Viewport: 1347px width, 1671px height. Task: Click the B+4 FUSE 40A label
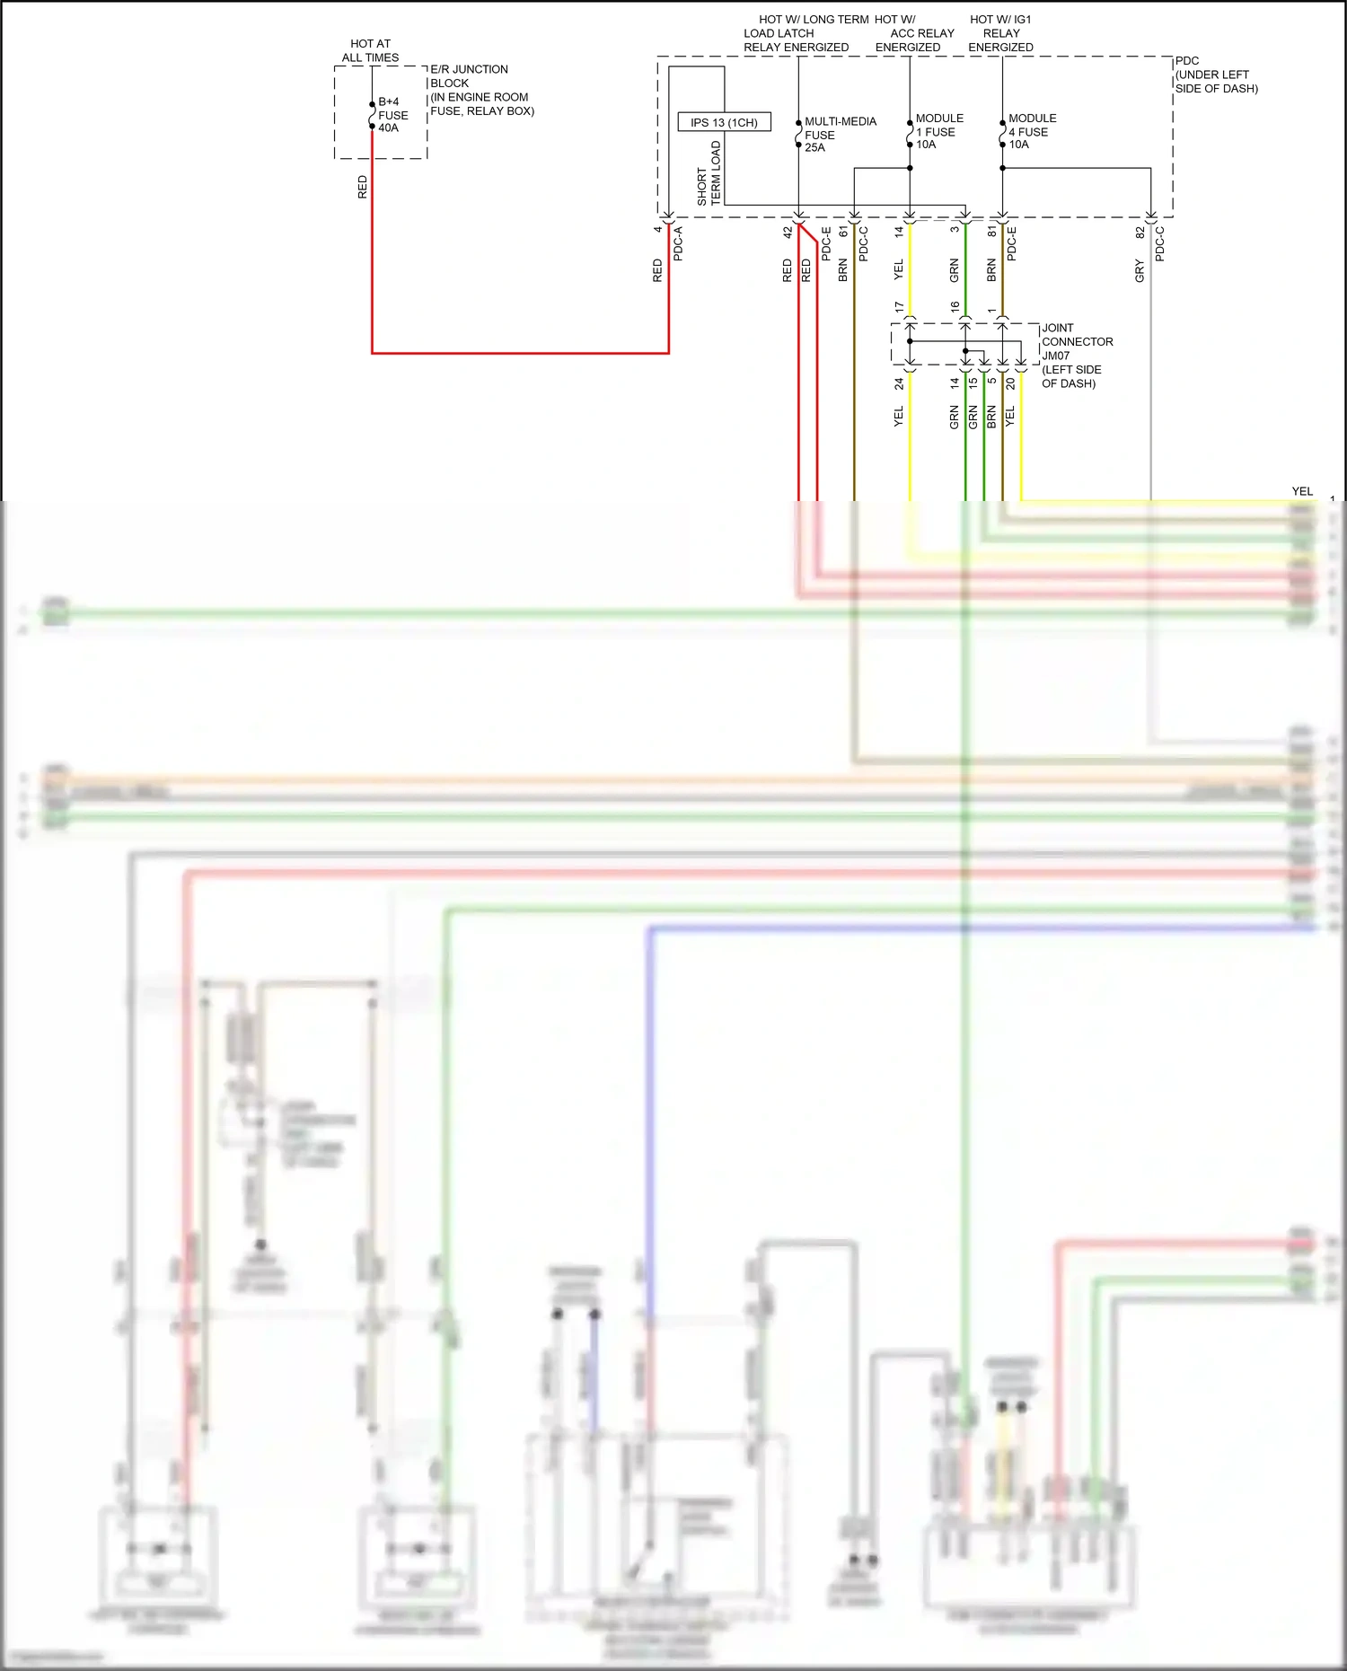392,115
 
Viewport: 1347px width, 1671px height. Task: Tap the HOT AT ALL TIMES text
370,50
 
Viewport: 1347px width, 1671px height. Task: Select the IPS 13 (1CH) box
724,122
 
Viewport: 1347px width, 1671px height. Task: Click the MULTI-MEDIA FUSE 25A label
839,135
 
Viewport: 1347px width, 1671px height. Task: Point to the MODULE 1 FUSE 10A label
938,131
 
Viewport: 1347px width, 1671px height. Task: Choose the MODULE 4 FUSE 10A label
1031,131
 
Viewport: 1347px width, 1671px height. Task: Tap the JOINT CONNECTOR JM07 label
1076,356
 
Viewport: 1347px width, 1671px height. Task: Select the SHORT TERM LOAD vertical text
709,174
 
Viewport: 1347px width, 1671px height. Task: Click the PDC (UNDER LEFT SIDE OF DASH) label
1215,75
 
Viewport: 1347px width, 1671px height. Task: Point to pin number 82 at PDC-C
1140,232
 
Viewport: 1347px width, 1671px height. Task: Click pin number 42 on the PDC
788,232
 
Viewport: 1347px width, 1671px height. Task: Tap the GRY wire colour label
1140,270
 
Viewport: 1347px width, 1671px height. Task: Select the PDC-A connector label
678,244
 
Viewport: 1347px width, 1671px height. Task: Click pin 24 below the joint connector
899,383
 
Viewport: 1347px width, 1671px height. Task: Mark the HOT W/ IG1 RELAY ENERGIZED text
1000,33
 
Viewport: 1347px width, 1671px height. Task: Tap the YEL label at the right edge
1301,491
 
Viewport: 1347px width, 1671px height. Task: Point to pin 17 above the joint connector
899,307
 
